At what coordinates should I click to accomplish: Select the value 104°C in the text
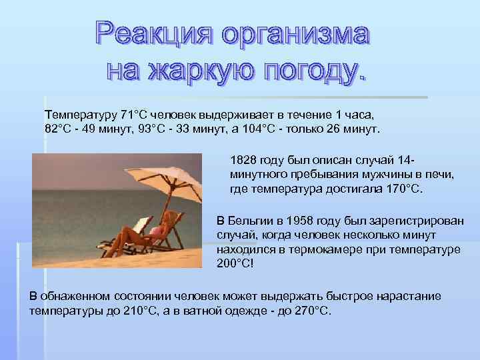[281, 128]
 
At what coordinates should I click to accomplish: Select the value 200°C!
[235, 263]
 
